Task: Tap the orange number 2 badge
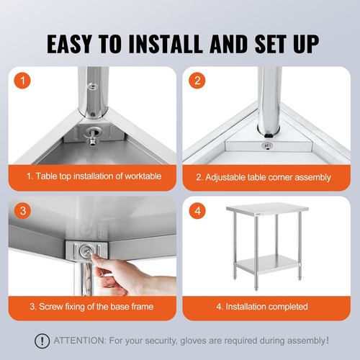pyautogui.click(x=196, y=81)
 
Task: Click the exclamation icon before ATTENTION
pyautogui.click(x=45, y=341)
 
